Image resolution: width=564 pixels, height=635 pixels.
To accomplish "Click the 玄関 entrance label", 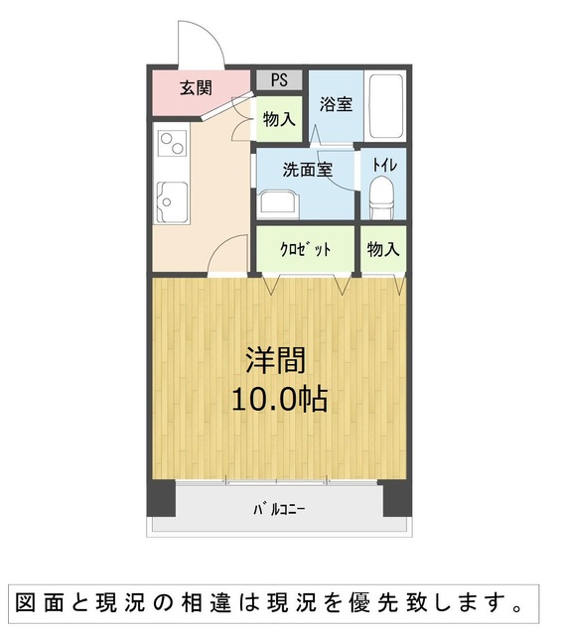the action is (196, 87).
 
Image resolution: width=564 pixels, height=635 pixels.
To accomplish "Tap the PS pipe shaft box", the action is (279, 79).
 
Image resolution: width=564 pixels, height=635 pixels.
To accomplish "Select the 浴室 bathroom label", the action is (336, 104).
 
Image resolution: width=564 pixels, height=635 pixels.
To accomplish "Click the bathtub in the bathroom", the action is (386, 106).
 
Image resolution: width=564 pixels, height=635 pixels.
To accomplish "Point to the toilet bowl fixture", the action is (381, 198).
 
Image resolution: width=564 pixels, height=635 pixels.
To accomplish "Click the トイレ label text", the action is (384, 166).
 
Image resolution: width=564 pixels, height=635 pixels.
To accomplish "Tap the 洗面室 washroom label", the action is (308, 170).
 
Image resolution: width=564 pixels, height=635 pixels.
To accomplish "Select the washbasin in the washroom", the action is (279, 205).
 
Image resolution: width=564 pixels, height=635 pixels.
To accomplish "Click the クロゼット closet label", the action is (306, 249).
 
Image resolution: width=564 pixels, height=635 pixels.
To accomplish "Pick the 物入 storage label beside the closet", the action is (383, 249).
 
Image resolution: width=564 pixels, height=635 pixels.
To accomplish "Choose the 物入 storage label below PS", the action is (279, 119).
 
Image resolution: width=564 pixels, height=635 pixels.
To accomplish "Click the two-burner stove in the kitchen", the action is (172, 143).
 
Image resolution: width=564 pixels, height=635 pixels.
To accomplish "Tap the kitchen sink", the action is (172, 202).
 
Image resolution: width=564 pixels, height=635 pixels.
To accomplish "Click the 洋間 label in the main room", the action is (276, 359).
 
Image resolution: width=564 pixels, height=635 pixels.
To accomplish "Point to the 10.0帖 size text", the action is (280, 399).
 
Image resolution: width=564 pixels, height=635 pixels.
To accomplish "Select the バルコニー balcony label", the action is (279, 509).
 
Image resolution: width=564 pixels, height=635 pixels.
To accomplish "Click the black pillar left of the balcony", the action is (161, 498).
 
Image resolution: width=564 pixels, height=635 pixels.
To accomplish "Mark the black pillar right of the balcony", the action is (397, 498).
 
